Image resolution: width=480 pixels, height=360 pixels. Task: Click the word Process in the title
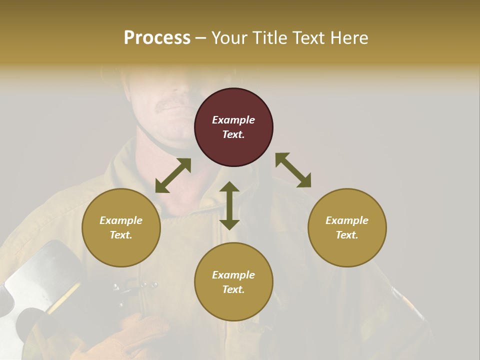tap(157, 38)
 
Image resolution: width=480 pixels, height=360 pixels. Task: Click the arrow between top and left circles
tap(173, 175)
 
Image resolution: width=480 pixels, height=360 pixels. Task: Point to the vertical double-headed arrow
tap(229, 205)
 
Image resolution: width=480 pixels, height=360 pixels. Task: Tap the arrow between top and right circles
tap(293, 170)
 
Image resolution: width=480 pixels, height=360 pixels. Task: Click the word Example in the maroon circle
tap(233, 120)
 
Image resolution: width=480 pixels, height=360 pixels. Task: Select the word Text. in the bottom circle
tap(233, 289)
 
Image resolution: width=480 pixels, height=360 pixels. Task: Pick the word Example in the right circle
tap(347, 220)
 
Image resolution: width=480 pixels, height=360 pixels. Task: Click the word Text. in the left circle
tap(121, 235)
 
